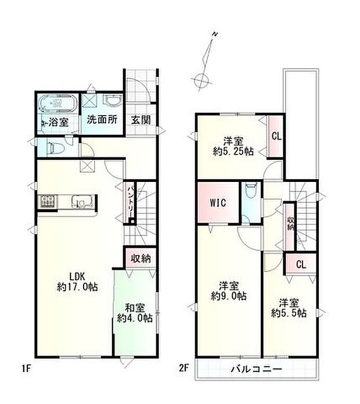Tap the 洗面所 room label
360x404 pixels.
[x=102, y=120]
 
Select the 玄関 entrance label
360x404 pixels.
[x=141, y=120]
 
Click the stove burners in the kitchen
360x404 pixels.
[x=48, y=202]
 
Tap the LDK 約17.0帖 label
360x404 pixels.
[x=77, y=281]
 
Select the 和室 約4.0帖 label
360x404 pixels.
[x=135, y=313]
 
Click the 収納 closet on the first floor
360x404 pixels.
[x=141, y=258]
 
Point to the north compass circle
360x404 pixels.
[x=201, y=80]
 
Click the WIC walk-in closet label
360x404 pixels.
[x=218, y=202]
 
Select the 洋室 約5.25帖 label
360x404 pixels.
[x=233, y=146]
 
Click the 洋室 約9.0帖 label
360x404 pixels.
[x=229, y=291]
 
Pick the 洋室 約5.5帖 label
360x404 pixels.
[x=289, y=308]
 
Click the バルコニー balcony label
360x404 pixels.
[x=256, y=370]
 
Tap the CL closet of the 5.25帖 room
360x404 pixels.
[x=276, y=136]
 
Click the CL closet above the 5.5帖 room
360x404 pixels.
[x=301, y=264]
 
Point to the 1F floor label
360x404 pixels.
[x=26, y=369]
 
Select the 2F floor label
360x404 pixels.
[x=183, y=368]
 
